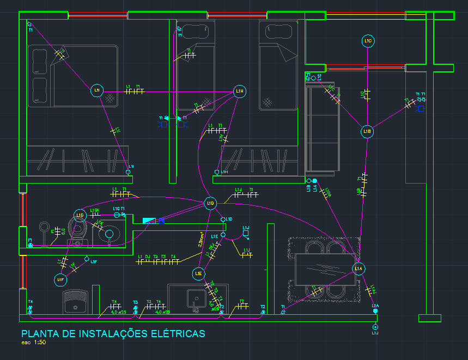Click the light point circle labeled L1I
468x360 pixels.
[x=97, y=90]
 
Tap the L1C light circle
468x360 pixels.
[x=368, y=41]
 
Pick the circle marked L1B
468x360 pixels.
[x=368, y=131]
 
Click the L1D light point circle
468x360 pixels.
[x=210, y=204]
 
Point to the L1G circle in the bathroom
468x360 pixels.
[x=80, y=216]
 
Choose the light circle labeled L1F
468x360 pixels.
[x=60, y=279]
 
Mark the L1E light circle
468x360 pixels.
[x=199, y=273]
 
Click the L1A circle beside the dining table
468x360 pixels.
[x=358, y=269]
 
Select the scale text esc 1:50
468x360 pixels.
[x=34, y=343]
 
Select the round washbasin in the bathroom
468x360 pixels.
[x=110, y=234]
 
